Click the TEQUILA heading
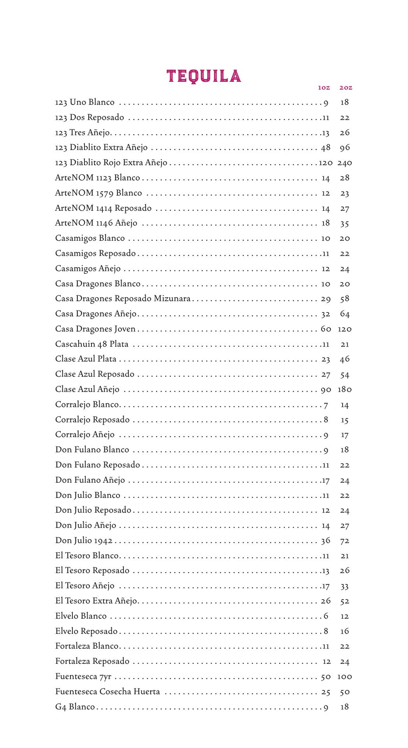pos(204,76)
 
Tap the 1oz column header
pos(324,88)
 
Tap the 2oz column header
pos(346,88)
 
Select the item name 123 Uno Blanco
pos(85,102)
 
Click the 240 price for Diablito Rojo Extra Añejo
pos(345,163)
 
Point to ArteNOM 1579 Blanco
pos(98,193)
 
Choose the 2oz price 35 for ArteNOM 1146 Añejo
pos(345,224)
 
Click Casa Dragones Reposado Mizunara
pos(123,299)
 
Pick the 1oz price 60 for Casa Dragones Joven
pos(326,329)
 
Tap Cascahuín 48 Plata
pos(92,344)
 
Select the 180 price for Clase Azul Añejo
pos(345,390)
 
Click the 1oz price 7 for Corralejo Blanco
pos(326,405)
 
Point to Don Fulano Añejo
pos(90,480)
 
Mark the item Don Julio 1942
pos(84,541)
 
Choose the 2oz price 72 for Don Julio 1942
pos(345,541)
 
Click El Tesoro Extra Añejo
pos(96,601)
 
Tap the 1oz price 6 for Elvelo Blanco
pos(326,616)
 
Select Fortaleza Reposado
pos(92,662)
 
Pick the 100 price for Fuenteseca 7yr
pos(345,677)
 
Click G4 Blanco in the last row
pos(75,707)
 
